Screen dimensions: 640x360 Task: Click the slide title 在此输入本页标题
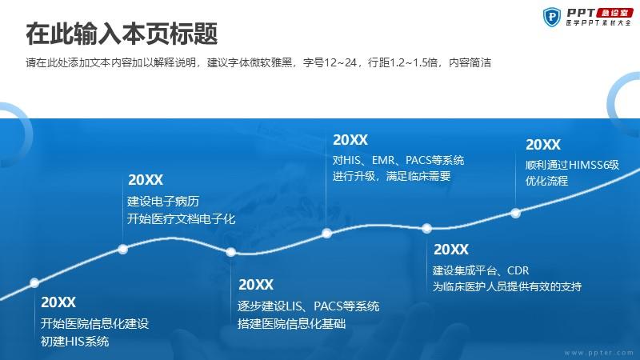point(122,34)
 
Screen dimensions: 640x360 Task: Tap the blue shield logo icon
point(552,17)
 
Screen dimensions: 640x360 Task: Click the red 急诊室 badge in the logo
point(614,13)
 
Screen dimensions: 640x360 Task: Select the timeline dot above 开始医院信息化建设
point(34,282)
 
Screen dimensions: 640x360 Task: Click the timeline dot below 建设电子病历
point(123,249)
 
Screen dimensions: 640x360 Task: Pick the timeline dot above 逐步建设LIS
point(230,252)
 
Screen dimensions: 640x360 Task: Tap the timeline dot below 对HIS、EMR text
point(326,234)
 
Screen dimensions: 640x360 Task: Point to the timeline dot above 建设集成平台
point(426,228)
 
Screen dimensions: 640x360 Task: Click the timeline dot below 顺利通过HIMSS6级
point(515,213)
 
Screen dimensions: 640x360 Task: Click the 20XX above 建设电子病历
point(146,180)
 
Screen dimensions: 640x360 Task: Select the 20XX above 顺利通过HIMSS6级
point(543,145)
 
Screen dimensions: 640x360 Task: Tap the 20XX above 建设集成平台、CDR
point(451,250)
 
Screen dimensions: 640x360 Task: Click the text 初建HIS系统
point(74,342)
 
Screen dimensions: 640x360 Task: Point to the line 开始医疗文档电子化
point(182,218)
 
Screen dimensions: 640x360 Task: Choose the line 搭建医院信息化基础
point(291,324)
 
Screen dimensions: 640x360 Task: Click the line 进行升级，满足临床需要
point(391,176)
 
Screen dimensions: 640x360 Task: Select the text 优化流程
point(546,181)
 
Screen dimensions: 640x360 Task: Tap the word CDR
point(518,270)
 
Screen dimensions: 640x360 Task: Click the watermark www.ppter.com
point(598,353)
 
